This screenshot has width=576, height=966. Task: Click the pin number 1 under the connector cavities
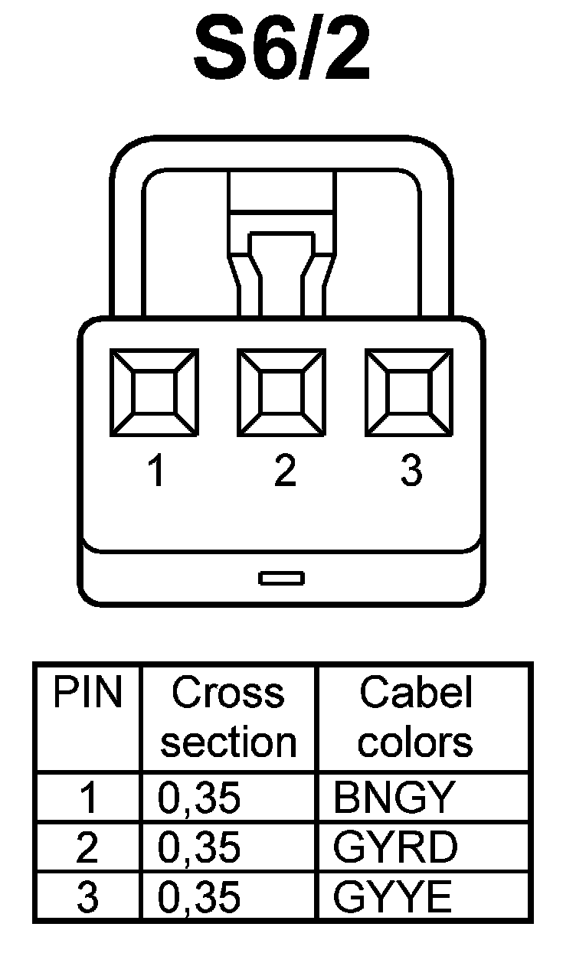coord(156,471)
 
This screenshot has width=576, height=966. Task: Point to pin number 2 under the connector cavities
coord(284,471)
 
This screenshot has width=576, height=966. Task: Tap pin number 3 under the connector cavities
coord(411,471)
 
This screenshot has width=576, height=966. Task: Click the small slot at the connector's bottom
coord(281,578)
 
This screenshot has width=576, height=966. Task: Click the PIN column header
coord(87,693)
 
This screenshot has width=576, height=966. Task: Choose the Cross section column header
coord(228,717)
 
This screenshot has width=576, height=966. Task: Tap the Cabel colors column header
coord(416,717)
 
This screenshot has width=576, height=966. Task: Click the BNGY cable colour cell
coord(394,798)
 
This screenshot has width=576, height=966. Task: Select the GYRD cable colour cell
coord(396,847)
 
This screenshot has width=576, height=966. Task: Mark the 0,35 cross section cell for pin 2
coord(199,847)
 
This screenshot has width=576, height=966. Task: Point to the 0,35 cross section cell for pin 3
coord(199,897)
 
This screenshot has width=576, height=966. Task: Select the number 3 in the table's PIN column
coord(88,897)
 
